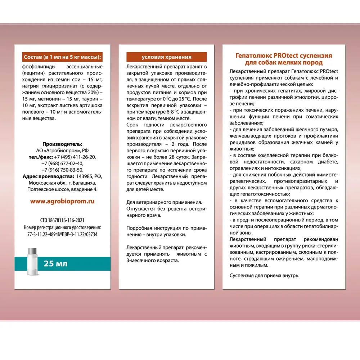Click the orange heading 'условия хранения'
166,57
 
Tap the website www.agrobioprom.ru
62,202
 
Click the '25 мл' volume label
55,264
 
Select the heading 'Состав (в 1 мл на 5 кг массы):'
62,57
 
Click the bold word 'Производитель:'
62,144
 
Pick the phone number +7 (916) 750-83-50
62,170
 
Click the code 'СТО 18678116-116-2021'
62,221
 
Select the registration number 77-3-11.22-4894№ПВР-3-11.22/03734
62,234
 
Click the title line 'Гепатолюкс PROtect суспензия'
284,56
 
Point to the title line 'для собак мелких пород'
284,63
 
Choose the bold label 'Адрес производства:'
48,176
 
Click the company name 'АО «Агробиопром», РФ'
62,150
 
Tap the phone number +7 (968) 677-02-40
62,163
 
